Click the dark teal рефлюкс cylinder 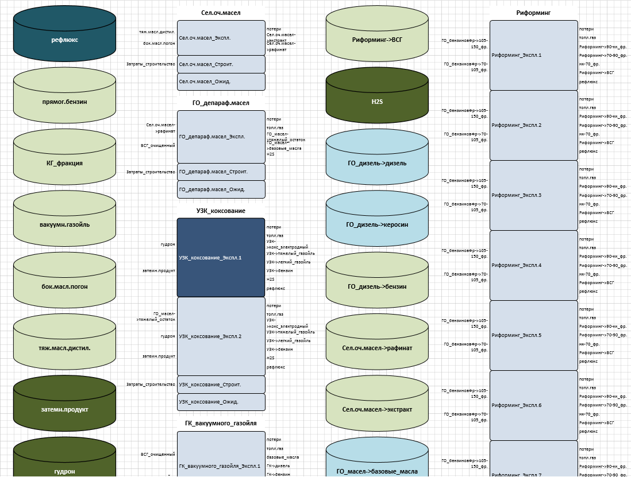coord(64,40)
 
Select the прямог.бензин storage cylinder coord(64,102)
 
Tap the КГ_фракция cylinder coord(64,163)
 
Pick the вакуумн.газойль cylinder coord(64,224)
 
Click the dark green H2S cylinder coord(377,102)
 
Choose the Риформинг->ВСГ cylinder coord(377,40)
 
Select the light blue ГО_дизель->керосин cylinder coord(377,224)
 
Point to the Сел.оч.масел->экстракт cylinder coord(377,409)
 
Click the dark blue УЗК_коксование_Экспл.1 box coord(221,258)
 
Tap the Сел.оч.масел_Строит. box coord(221,64)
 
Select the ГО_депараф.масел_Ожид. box coord(221,189)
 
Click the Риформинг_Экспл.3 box coord(534,195)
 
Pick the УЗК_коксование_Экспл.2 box coord(221,336)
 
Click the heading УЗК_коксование coord(221,211)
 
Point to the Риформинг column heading coord(533,13)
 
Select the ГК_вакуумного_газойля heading coord(221,423)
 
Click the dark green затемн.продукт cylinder coord(64,409)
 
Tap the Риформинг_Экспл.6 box coord(534,405)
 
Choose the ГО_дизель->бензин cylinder coord(377,286)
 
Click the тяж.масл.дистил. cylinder coord(64,348)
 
